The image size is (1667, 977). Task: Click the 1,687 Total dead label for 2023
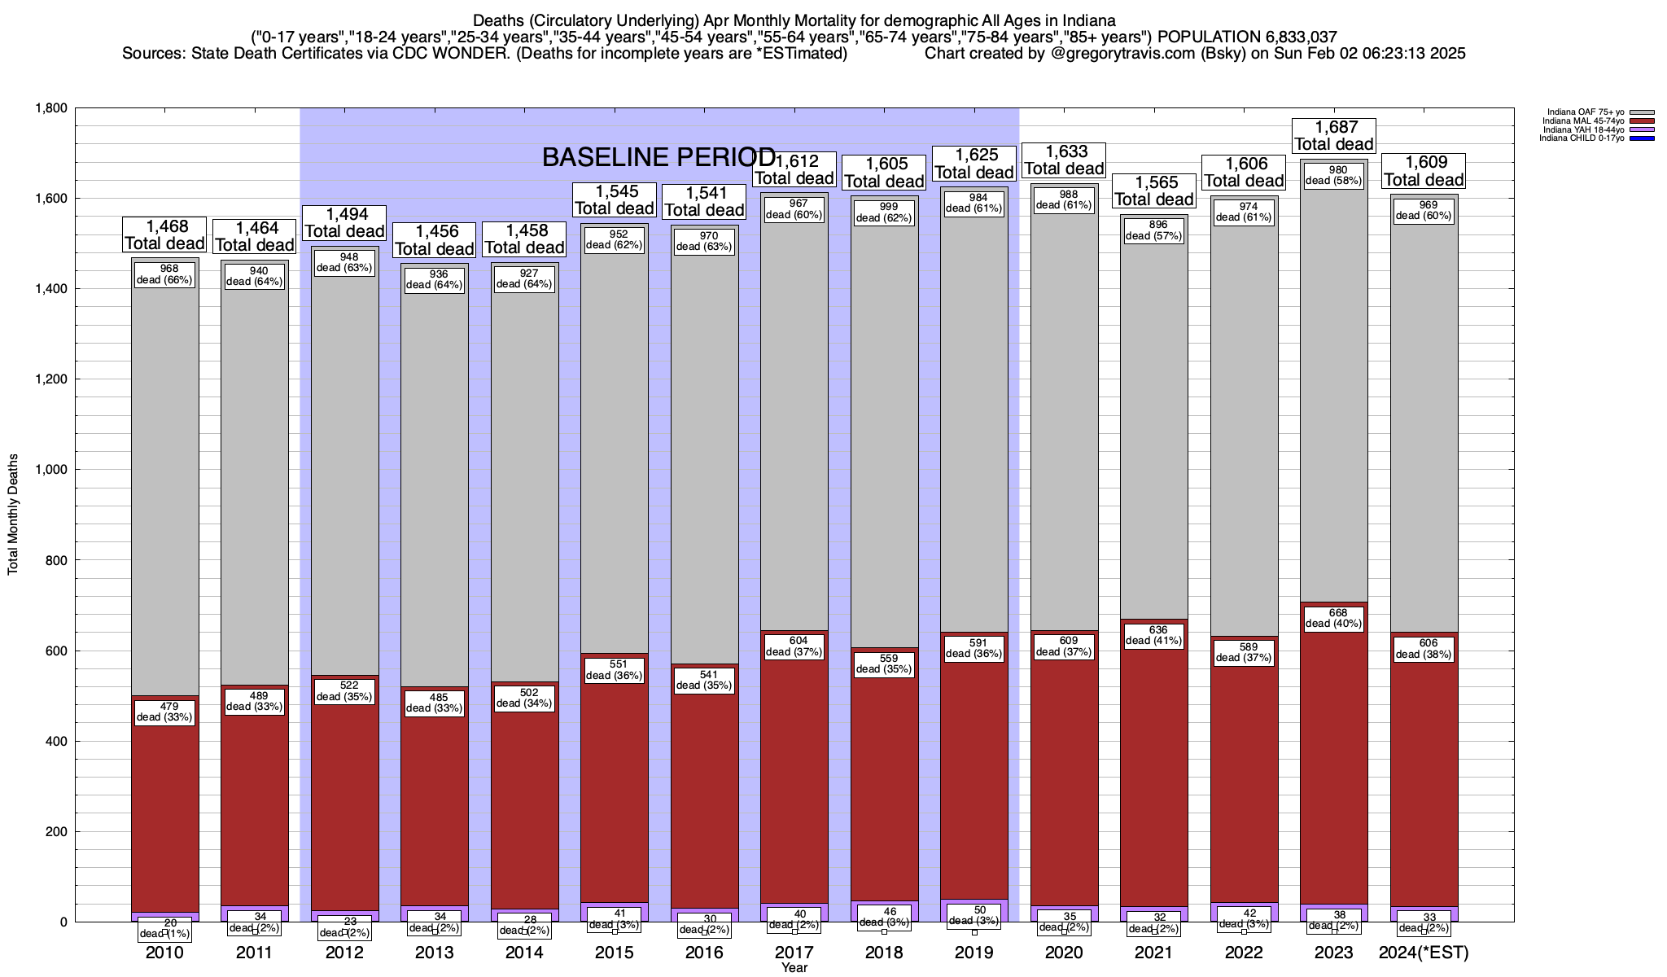tap(1334, 136)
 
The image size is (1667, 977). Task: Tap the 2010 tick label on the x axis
tap(164, 953)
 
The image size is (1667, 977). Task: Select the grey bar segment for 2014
tap(524, 488)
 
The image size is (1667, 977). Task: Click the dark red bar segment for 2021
tap(1154, 773)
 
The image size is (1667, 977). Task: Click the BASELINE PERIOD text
tap(658, 157)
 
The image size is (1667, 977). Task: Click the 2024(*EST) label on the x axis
tap(1424, 953)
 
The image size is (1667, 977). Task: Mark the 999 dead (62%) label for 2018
tap(885, 212)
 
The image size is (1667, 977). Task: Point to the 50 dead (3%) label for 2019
tap(974, 915)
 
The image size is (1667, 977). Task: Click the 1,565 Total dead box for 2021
tap(1154, 191)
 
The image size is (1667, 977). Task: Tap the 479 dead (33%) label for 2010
tap(164, 712)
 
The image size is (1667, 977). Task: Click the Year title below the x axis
tap(794, 968)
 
